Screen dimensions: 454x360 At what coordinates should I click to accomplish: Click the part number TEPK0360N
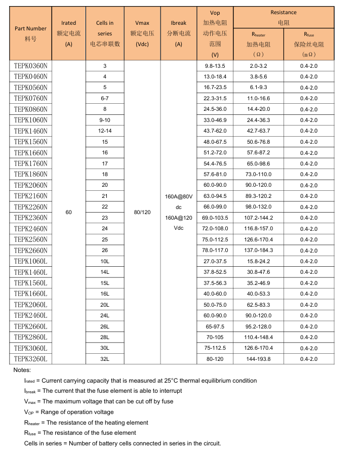(30, 66)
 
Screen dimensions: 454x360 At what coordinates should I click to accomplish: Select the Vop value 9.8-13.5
(215, 66)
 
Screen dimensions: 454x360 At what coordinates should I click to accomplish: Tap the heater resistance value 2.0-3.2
(258, 66)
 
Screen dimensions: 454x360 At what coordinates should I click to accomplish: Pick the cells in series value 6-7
(105, 98)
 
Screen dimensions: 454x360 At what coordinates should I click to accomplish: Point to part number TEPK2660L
(30, 326)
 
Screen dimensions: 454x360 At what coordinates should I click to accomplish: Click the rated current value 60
(69, 212)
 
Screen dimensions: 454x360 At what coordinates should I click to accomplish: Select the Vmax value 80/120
(142, 212)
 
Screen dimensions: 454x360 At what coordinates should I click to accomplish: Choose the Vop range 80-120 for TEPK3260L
(215, 359)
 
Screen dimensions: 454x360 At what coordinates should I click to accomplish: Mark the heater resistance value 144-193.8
(258, 359)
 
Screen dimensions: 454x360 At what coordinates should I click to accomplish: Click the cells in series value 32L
(105, 359)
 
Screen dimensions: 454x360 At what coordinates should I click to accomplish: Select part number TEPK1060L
(30, 261)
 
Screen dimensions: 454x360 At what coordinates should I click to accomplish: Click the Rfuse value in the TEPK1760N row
(309, 163)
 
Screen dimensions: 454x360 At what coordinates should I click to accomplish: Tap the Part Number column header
(30, 33)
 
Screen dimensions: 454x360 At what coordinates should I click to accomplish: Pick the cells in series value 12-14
(105, 131)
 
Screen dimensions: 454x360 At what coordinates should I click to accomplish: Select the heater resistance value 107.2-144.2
(258, 218)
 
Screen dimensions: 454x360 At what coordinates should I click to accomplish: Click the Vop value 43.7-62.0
(215, 131)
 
